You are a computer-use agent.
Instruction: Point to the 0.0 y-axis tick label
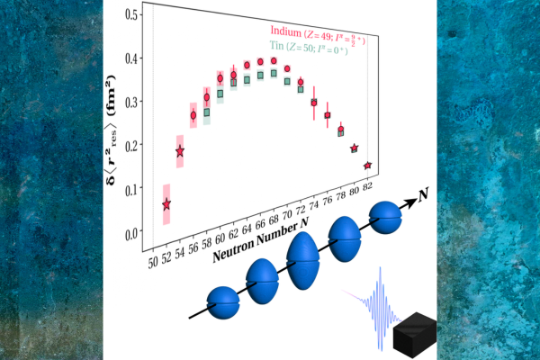[134, 232]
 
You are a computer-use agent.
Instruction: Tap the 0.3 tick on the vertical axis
[134, 103]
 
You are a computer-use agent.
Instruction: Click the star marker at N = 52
[166, 205]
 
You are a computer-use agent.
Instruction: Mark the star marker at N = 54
[180, 152]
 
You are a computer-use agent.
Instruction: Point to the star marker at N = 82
[367, 166]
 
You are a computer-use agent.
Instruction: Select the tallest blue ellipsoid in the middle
[304, 258]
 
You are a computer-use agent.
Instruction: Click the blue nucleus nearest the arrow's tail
[223, 301]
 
